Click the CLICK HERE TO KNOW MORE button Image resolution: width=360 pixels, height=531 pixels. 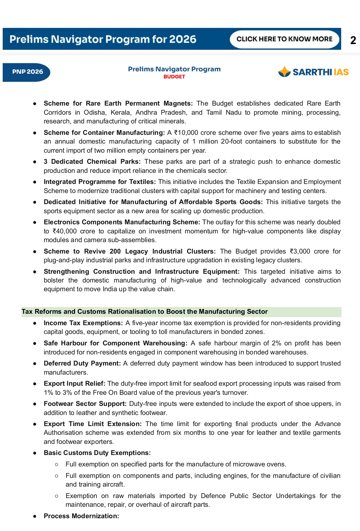point(284,39)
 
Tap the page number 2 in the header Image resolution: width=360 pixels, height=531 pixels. point(353,40)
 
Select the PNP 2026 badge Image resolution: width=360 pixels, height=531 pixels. point(27,72)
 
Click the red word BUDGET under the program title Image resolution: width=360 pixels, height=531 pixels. point(174,77)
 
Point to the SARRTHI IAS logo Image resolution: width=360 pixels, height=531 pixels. point(314,72)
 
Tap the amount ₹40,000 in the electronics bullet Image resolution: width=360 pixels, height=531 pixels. point(65,231)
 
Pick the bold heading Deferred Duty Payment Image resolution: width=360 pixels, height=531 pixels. point(82,364)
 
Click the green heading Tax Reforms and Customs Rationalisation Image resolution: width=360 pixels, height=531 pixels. point(145,312)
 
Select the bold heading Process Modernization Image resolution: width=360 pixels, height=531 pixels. point(81,516)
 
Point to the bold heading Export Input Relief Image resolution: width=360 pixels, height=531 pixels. point(74,384)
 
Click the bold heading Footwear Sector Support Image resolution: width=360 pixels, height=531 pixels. point(85,404)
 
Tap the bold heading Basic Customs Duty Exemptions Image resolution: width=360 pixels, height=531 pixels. point(97,453)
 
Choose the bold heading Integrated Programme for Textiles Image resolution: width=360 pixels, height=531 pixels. point(100,182)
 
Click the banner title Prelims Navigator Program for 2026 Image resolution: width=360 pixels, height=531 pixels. point(103,39)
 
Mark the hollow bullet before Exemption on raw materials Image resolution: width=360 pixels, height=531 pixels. point(57,496)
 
